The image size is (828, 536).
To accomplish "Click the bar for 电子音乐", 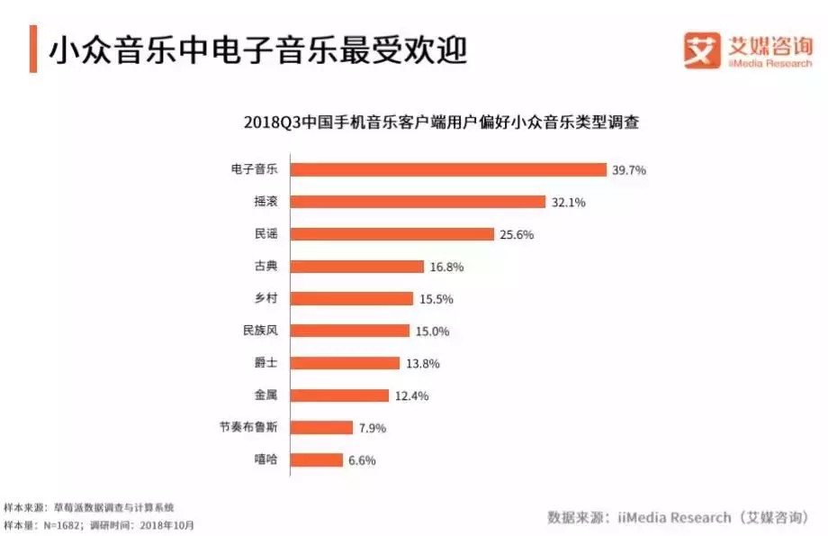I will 448,169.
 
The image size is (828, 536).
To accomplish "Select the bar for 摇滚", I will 418,202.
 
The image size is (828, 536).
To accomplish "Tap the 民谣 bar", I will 392,234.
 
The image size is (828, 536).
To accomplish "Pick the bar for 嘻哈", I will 317,460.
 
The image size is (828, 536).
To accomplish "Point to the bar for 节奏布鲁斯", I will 321,428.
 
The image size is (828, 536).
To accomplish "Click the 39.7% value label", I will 630,169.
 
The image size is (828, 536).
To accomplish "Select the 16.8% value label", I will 447,267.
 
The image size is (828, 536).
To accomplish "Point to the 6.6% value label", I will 361,460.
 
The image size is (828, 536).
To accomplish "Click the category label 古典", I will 266,267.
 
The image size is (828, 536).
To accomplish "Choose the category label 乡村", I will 266,298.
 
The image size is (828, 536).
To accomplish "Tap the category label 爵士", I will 266,363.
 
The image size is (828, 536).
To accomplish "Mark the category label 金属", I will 266,395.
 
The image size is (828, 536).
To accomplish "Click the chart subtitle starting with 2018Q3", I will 441,123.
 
